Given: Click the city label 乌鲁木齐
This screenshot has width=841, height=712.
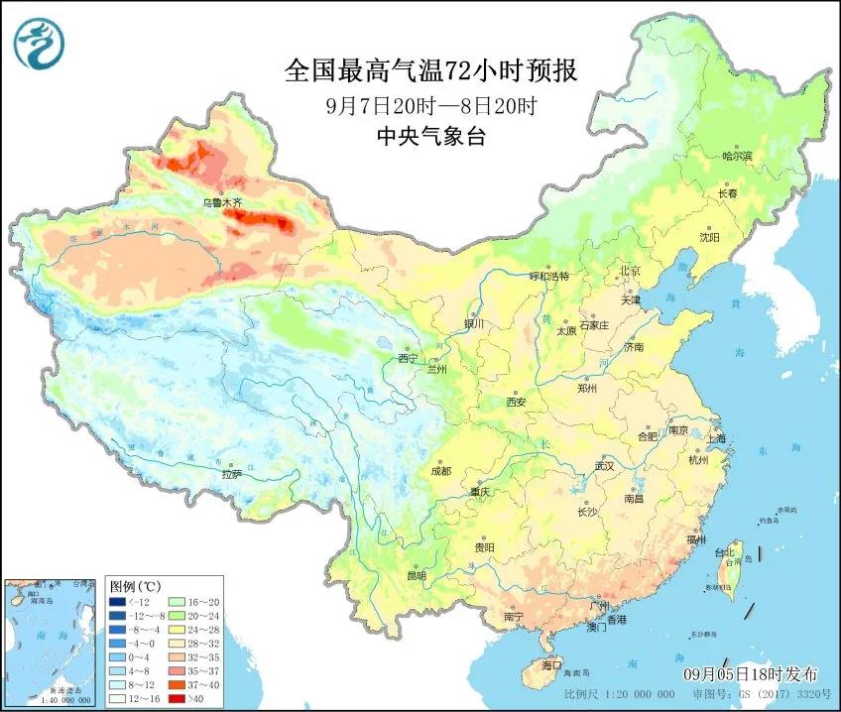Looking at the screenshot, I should tap(222, 202).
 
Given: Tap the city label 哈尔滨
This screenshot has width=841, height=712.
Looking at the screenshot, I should tap(737, 156).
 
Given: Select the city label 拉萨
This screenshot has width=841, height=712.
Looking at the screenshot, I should tap(232, 474).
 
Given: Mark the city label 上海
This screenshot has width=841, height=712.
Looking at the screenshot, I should tap(714, 437).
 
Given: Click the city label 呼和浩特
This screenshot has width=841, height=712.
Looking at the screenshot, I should tap(549, 277).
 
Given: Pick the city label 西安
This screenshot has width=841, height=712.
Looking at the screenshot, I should tap(515, 402).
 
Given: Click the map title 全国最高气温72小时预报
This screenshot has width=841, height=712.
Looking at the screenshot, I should tap(430, 70).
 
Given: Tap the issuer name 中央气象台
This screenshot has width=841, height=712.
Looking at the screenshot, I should tap(430, 137).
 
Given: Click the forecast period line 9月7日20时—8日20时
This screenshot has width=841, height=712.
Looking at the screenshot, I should tap(430, 104).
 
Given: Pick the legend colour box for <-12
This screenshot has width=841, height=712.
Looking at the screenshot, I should tap(118, 602).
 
